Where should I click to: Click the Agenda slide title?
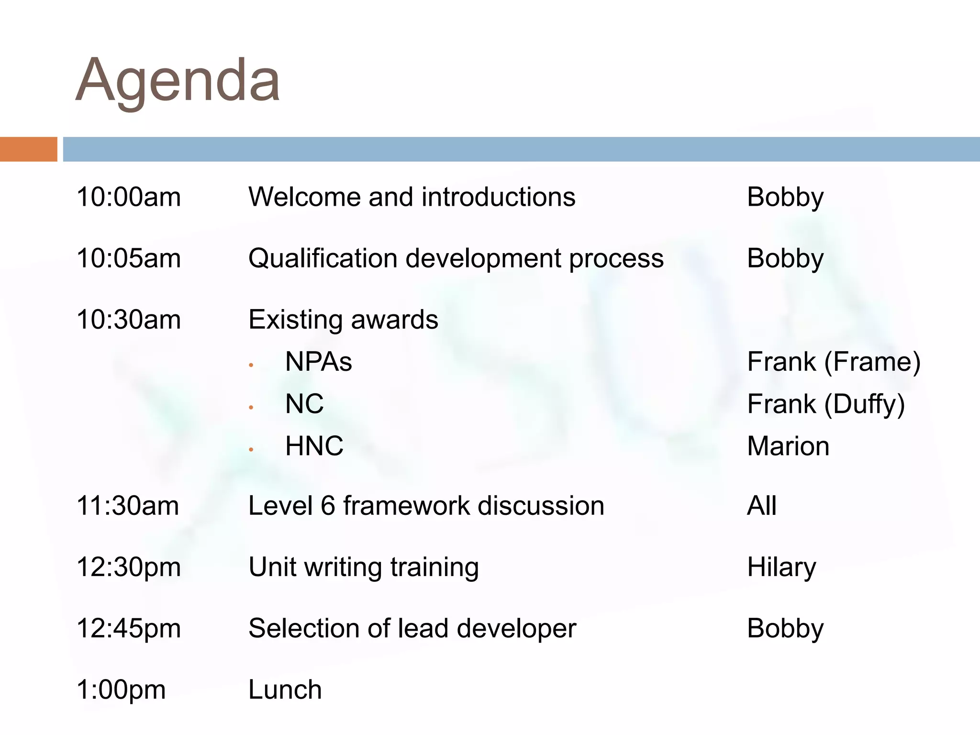pyautogui.click(x=178, y=80)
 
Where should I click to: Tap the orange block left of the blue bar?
pyautogui.click(x=28, y=149)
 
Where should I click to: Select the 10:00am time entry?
pyautogui.click(x=129, y=197)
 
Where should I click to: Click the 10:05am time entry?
pyautogui.click(x=129, y=258)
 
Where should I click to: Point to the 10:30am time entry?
pyautogui.click(x=129, y=320)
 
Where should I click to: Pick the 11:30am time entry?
pyautogui.click(x=128, y=506)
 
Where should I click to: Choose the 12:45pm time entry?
pyautogui.click(x=129, y=628)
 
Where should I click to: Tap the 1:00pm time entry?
pyautogui.click(x=121, y=690)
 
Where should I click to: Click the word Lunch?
pyautogui.click(x=285, y=690)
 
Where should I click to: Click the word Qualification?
pyautogui.click(x=323, y=258)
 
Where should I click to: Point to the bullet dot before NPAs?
pyautogui.click(x=251, y=366)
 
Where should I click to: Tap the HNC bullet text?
pyautogui.click(x=314, y=446)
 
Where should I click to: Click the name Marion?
pyautogui.click(x=788, y=446)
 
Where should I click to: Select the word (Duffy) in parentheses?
pyautogui.click(x=864, y=404)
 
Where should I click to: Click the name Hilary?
pyautogui.click(x=781, y=568)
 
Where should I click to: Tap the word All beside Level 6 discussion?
pyautogui.click(x=762, y=506)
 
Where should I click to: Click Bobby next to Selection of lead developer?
pyautogui.click(x=785, y=628)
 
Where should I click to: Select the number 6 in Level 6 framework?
pyautogui.click(x=328, y=506)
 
